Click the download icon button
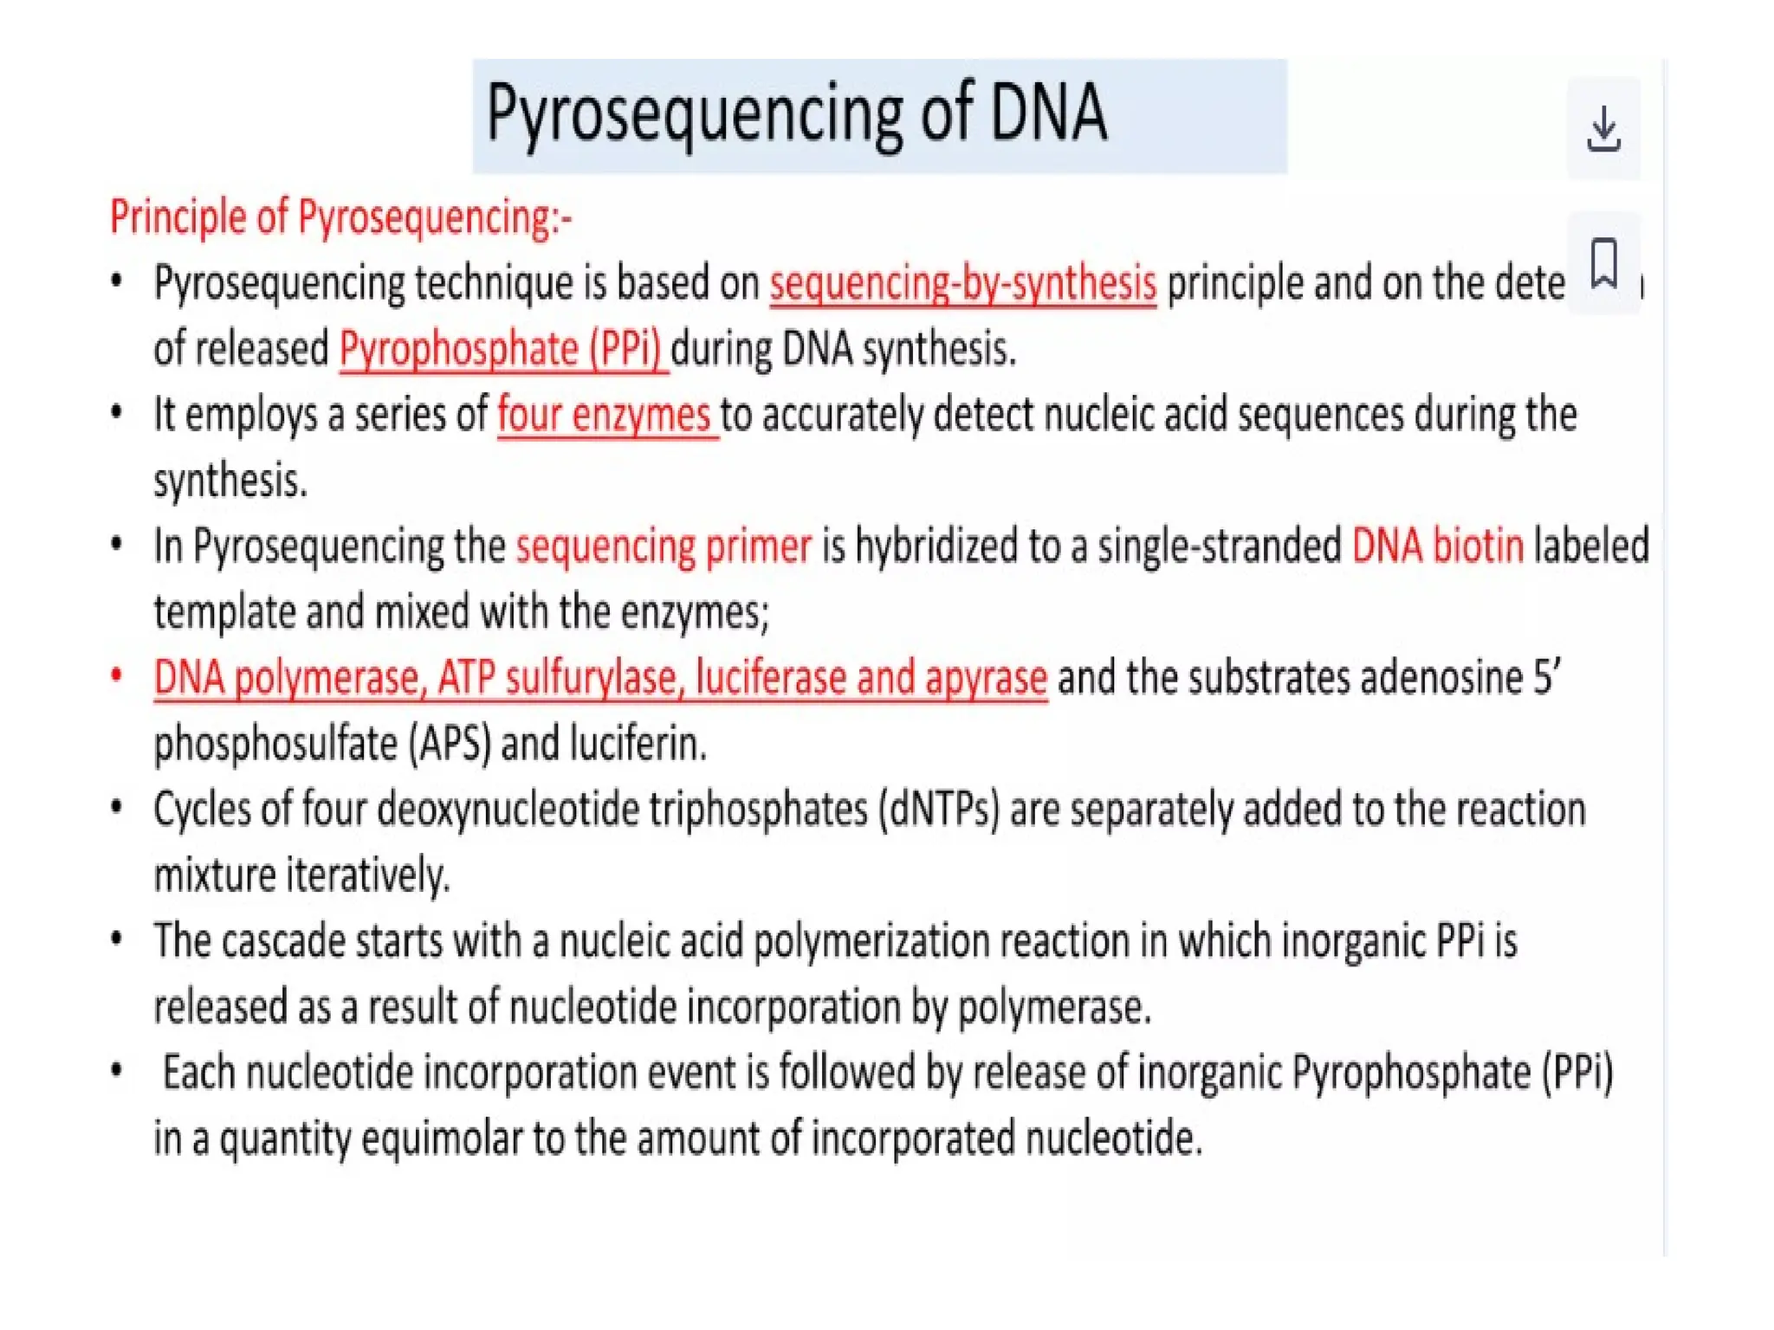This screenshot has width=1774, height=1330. click(1603, 129)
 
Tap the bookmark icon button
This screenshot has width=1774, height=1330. click(1603, 262)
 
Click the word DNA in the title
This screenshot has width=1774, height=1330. click(1048, 113)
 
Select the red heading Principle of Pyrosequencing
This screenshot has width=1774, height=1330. click(340, 216)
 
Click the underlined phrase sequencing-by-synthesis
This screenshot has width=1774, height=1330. click(962, 284)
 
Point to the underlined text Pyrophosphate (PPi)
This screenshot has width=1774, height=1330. click(502, 350)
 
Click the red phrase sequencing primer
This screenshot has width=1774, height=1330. click(664, 546)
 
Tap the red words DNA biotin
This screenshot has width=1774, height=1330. click(1437, 546)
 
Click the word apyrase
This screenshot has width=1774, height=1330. click(986, 678)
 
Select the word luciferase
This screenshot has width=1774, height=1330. click(770, 678)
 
